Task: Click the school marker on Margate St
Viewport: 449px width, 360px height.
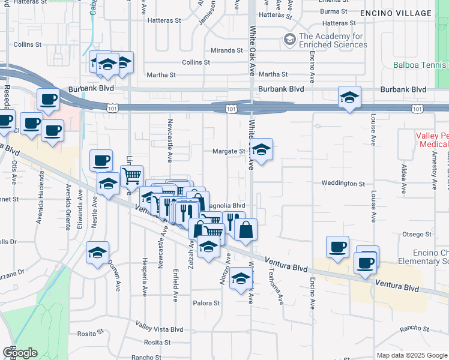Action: click(x=261, y=151)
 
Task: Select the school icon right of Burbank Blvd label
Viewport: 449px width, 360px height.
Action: click(x=349, y=97)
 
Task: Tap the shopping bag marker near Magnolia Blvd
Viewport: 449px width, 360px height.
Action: click(x=246, y=230)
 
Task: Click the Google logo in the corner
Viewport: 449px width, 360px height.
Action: click(x=20, y=353)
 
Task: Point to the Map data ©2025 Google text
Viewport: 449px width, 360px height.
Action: click(x=412, y=355)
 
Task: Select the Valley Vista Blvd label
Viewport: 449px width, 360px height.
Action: click(x=159, y=328)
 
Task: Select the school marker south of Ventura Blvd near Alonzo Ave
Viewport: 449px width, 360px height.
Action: click(x=241, y=278)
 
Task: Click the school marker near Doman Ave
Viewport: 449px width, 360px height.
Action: click(x=98, y=253)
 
